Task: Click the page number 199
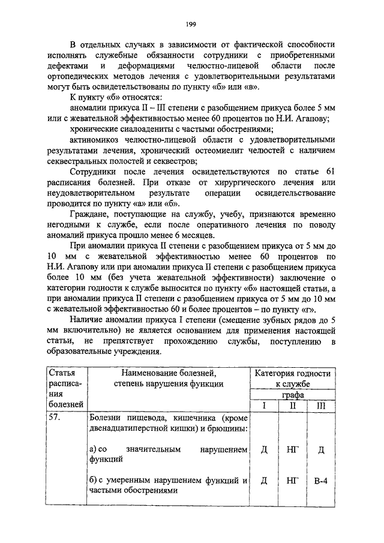191,24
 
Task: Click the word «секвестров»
178,161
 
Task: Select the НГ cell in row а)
292,450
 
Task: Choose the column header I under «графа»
264,406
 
